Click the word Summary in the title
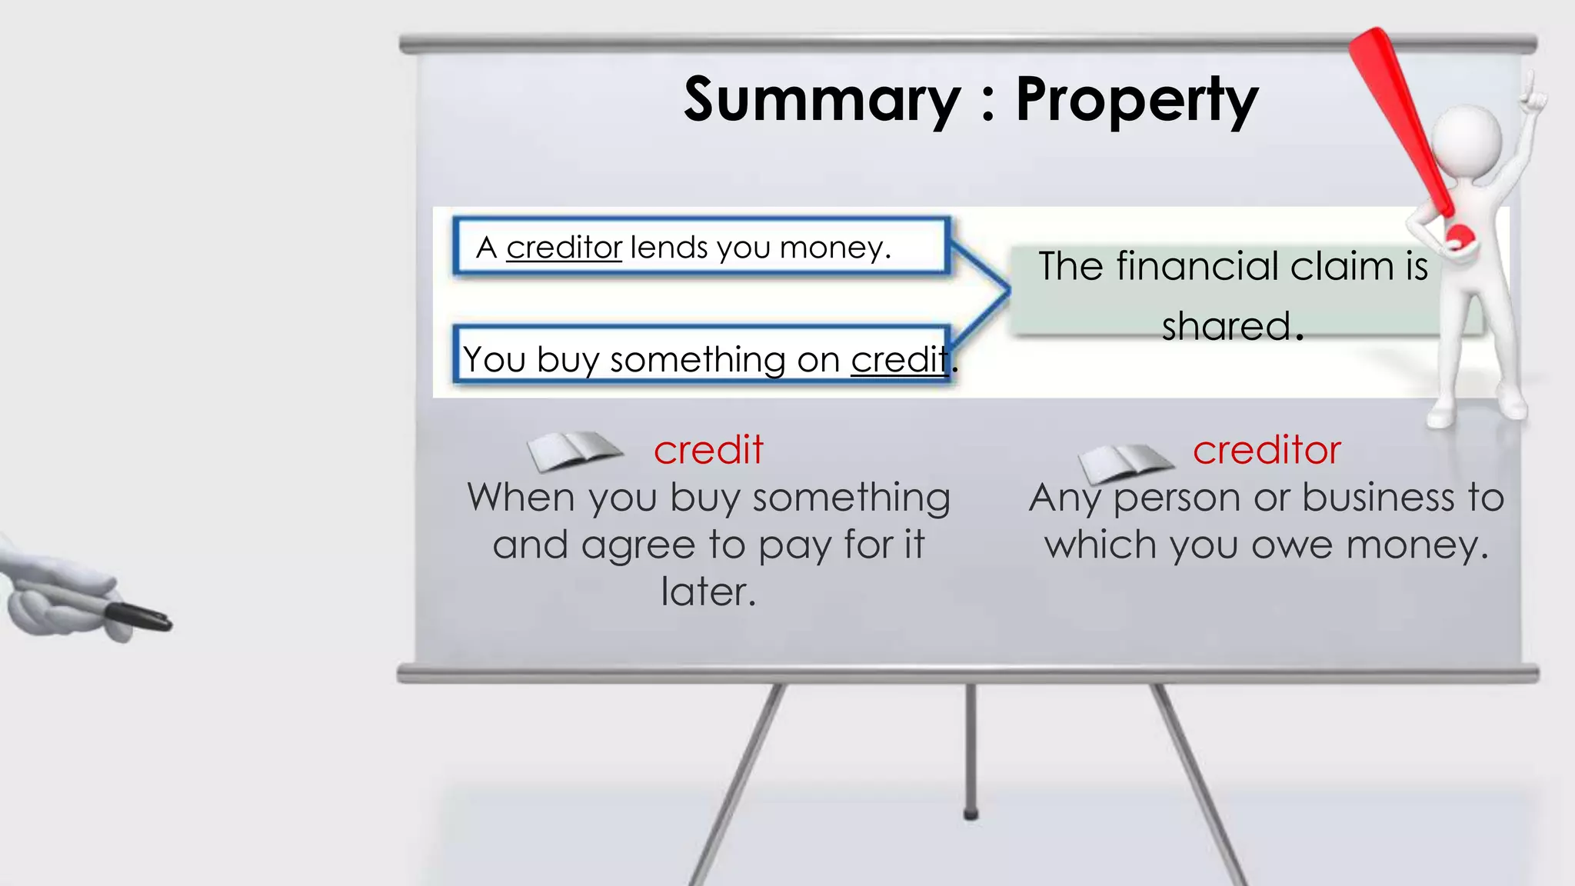coord(821,100)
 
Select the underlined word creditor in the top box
coord(564,248)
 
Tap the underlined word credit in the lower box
coord(898,360)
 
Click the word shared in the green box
coord(1226,326)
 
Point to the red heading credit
coord(708,450)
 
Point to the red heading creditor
coord(1266,450)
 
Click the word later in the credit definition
coord(708,592)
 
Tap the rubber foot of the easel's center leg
coord(971,814)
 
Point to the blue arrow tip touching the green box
coord(1007,290)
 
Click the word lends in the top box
coord(668,248)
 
